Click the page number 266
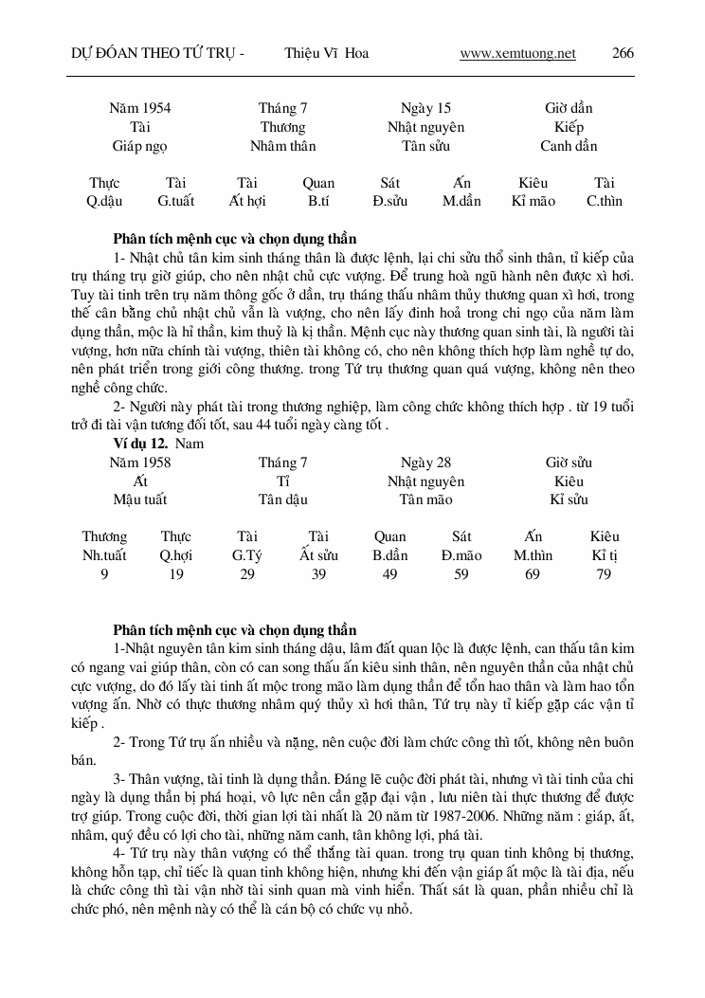pyautogui.click(x=623, y=53)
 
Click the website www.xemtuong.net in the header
pyautogui.click(x=517, y=53)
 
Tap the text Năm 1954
pyautogui.click(x=140, y=108)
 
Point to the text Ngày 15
pyautogui.click(x=425, y=108)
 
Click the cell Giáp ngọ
pyautogui.click(x=140, y=146)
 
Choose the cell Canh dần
pyautogui.click(x=569, y=146)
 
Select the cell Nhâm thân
pyautogui.click(x=282, y=146)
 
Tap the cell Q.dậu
pyautogui.click(x=104, y=201)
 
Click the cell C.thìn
pyautogui.click(x=605, y=201)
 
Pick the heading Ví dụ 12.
pyautogui.click(x=140, y=443)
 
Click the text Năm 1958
pyautogui.click(x=140, y=463)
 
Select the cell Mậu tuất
pyautogui.click(x=140, y=499)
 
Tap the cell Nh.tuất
pyautogui.click(x=104, y=555)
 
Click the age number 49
pyautogui.click(x=389, y=574)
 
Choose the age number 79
pyautogui.click(x=604, y=574)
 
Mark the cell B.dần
pyautogui.click(x=389, y=555)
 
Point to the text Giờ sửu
pyautogui.click(x=569, y=463)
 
